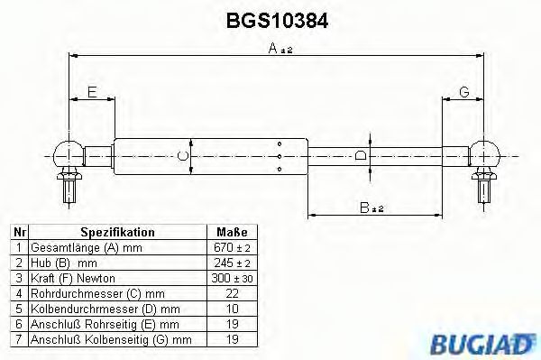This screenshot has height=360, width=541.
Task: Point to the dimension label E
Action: (92, 91)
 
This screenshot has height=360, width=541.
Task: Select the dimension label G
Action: (463, 91)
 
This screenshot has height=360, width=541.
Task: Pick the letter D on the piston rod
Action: (361, 154)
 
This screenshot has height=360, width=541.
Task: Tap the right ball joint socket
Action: (485, 153)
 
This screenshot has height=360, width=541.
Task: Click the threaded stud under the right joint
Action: (485, 189)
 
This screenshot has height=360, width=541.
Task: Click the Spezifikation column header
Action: (117, 232)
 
